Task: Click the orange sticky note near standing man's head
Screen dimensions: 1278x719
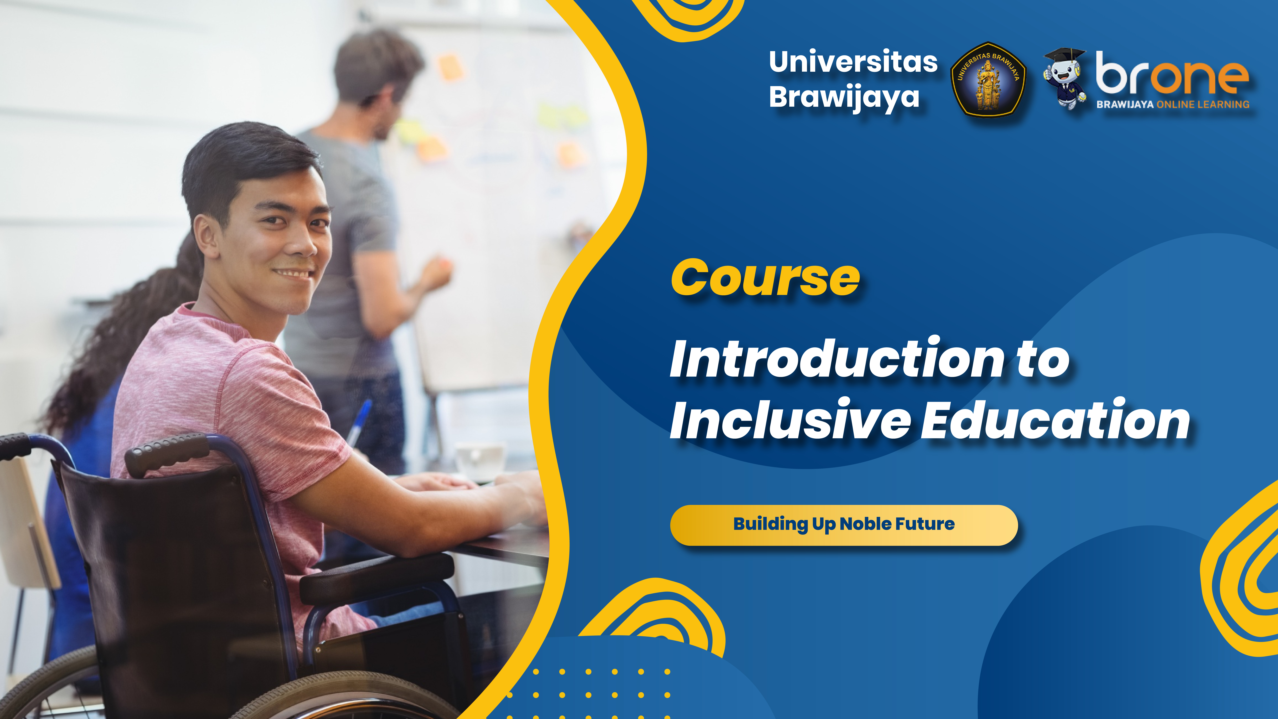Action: [450, 68]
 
